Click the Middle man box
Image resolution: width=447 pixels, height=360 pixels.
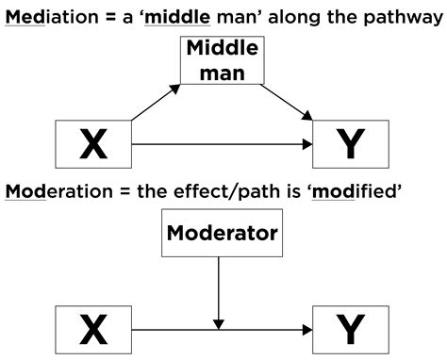pos(222,60)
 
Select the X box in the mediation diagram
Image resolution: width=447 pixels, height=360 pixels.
pos(93,144)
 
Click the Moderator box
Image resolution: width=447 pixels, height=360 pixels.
pos(220,230)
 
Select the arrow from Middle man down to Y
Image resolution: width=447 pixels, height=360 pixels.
pos(287,103)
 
